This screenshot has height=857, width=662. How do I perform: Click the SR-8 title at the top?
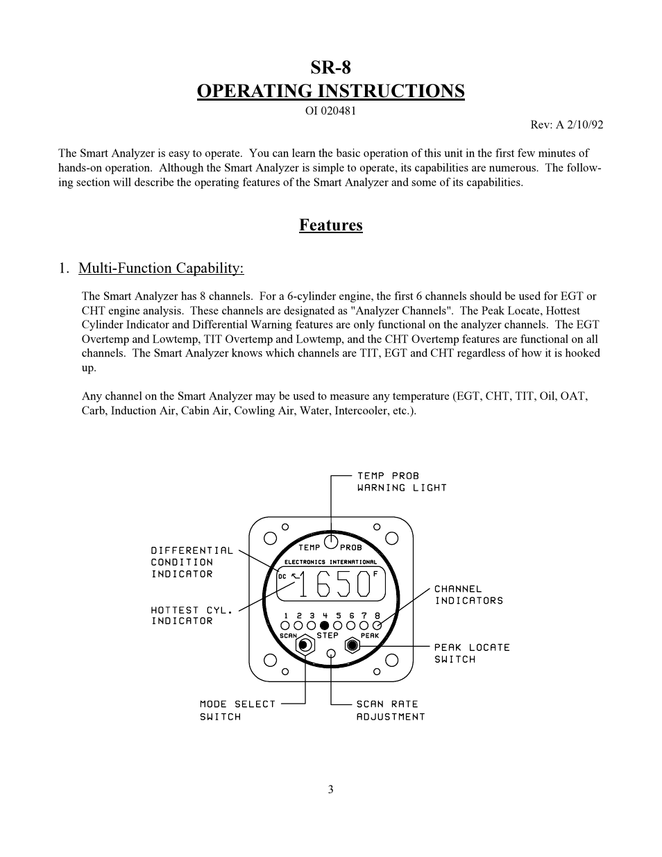click(330, 67)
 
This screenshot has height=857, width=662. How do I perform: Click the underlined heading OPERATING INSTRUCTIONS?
click(330, 92)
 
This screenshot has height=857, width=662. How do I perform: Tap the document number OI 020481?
click(330, 111)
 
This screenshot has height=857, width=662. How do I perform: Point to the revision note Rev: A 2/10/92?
click(566, 125)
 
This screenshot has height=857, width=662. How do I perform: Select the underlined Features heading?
click(330, 225)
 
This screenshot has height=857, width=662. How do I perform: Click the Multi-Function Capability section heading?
click(161, 269)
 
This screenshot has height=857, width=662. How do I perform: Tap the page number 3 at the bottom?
click(331, 789)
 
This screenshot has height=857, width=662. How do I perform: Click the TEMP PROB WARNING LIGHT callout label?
click(401, 482)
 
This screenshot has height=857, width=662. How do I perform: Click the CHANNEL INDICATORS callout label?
click(468, 595)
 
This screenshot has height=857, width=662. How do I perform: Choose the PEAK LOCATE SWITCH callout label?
click(472, 653)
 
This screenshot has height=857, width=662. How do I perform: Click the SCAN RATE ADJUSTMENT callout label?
click(390, 710)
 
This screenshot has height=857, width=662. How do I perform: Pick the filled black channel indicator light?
click(324, 625)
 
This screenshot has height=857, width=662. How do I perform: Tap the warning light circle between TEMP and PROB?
click(331, 541)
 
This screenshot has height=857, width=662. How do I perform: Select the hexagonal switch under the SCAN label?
click(303, 645)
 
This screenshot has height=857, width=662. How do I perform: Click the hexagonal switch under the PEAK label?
click(353, 645)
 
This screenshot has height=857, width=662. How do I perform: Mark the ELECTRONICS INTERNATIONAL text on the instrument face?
click(331, 562)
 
